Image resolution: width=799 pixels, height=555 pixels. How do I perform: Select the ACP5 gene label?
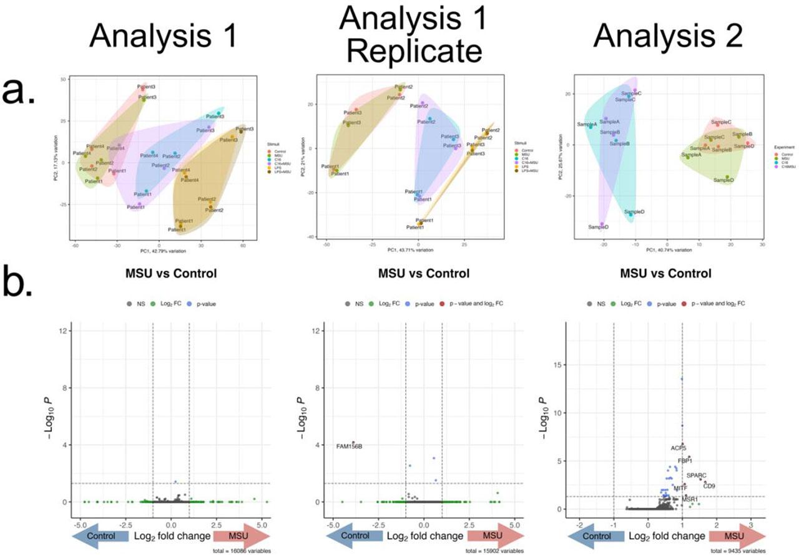[x=679, y=448]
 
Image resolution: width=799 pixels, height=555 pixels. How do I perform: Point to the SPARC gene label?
[x=697, y=476]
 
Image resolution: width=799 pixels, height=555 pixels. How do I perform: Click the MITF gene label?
[x=680, y=488]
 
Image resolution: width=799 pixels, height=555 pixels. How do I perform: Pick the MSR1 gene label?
[x=690, y=499]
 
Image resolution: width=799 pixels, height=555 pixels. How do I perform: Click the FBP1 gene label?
[x=685, y=461]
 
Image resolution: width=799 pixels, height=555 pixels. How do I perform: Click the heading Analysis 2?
[x=668, y=37]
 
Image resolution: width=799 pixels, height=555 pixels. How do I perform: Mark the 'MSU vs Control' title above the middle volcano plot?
[x=424, y=273]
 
